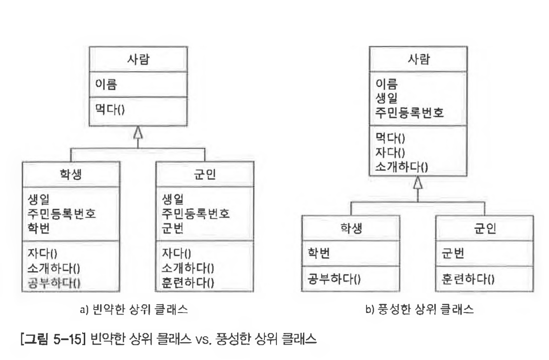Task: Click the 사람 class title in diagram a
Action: (138, 60)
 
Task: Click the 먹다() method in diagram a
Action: (109, 110)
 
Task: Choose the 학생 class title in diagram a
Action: (71, 174)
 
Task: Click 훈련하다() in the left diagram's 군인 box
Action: (189, 280)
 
